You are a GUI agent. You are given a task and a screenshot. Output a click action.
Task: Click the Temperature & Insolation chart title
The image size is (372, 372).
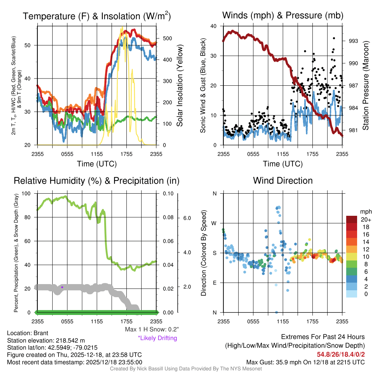tap(97, 16)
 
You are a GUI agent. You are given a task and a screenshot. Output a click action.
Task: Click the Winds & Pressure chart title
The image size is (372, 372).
tap(283, 15)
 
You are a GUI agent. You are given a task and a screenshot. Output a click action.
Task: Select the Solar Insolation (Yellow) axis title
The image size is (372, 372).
tap(179, 85)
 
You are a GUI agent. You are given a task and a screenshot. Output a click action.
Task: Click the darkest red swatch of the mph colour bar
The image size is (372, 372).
tap(352, 219)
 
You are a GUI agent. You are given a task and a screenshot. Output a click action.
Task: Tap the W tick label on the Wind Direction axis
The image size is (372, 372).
tap(215, 223)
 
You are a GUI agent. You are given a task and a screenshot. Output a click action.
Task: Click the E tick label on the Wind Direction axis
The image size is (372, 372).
tap(215, 283)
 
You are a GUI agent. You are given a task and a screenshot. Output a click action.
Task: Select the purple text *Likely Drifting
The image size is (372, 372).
tap(157, 338)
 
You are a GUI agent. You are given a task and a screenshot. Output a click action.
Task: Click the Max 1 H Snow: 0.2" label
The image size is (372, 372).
tap(151, 329)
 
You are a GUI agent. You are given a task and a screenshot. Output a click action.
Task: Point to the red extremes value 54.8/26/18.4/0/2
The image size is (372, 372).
tap(340, 354)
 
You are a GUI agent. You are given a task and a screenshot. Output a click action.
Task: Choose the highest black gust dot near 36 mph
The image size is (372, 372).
tap(334, 38)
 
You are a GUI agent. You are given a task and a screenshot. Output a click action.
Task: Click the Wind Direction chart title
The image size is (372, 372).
tap(283, 181)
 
